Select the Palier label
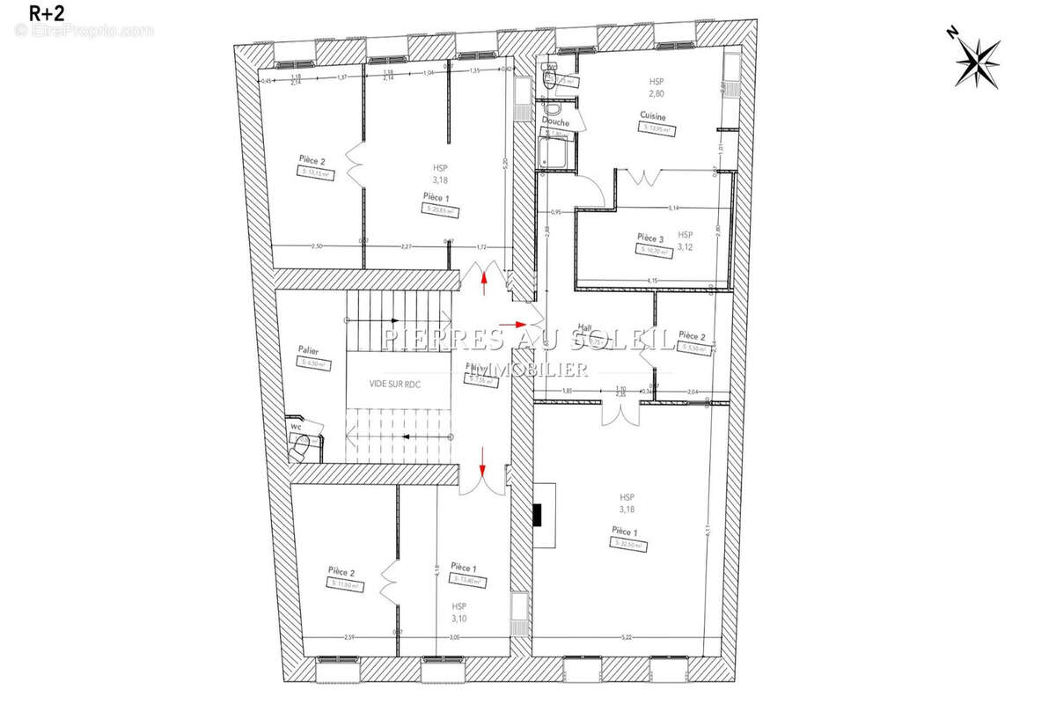[307, 350]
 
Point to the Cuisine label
[652, 116]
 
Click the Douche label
[555, 122]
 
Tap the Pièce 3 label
[649, 238]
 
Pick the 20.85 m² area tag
[440, 210]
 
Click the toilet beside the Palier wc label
[299, 448]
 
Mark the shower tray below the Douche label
[555, 155]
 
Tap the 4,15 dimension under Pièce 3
[652, 280]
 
